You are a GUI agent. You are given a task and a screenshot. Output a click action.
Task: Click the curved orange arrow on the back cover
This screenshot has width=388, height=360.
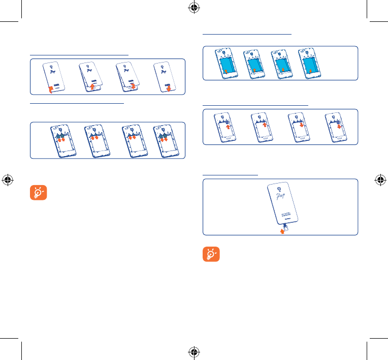click(51, 89)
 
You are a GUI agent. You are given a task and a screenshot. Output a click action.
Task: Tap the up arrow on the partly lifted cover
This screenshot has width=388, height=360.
click(91, 87)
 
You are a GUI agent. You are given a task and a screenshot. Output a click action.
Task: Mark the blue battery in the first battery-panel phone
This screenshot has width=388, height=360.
click(227, 64)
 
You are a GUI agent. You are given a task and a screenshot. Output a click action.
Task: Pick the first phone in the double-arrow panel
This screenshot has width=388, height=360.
click(62, 139)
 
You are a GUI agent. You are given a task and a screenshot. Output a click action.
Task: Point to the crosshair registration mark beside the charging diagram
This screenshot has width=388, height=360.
click(379, 180)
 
